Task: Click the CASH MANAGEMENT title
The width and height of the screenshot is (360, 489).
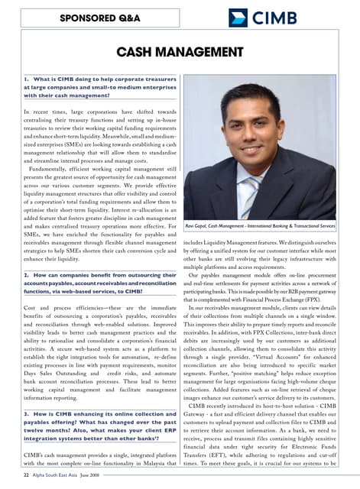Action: (x=179, y=52)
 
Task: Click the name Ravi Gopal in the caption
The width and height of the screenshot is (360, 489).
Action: (x=200, y=226)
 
